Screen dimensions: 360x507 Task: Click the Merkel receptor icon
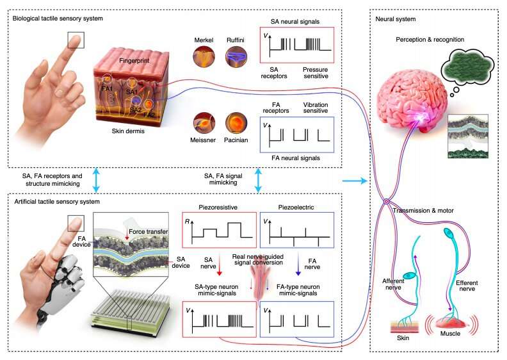205,59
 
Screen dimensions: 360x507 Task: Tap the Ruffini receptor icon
236,59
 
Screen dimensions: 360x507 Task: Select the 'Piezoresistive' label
219,208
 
